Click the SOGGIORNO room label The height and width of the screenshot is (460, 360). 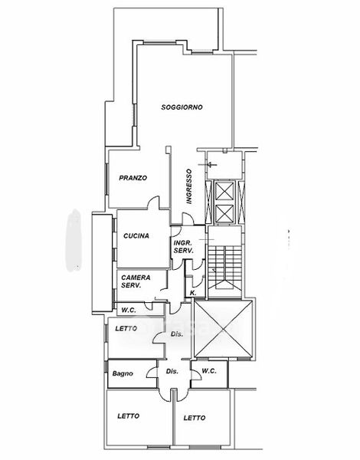point(182,107)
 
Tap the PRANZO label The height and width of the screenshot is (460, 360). point(133,178)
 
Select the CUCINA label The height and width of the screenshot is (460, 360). point(136,235)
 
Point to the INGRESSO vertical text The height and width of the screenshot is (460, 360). point(189,186)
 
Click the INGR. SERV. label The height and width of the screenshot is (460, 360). point(184,247)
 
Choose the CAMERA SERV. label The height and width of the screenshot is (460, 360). point(136,281)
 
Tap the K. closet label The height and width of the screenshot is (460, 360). point(193,293)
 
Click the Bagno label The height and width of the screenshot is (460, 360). point(123,373)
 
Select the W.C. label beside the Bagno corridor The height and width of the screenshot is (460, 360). point(209,371)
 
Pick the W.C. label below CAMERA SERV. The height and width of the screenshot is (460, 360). point(129,310)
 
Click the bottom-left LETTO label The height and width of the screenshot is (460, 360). point(128,416)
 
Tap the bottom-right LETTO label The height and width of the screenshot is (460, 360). point(195,418)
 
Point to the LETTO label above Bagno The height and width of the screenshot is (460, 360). point(126,329)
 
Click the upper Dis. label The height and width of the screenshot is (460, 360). point(177,333)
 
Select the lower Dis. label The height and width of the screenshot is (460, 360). point(172,371)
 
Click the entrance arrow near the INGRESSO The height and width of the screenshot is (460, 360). point(208,165)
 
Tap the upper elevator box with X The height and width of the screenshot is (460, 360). point(224,191)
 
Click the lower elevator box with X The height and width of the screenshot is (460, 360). point(224,214)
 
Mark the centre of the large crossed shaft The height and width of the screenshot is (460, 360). point(223,329)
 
